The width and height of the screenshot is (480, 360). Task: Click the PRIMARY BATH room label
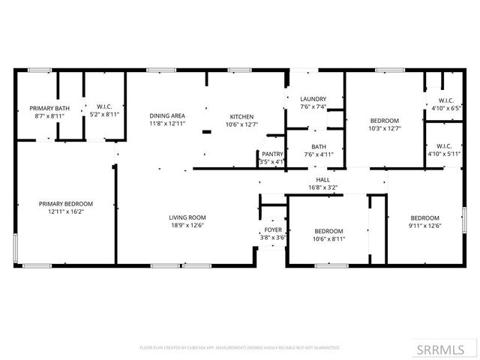49,108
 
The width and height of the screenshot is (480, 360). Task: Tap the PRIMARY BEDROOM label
66,203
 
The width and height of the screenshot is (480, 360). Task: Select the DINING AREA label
166,115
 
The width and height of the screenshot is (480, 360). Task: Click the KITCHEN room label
241,116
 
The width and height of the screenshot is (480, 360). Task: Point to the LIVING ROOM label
187,217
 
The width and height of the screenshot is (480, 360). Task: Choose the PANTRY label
271,154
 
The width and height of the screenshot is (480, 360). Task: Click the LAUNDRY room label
313,99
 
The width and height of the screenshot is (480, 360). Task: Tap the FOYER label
272,230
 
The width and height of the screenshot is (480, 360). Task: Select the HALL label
323,180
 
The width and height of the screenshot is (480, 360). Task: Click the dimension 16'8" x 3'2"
323,187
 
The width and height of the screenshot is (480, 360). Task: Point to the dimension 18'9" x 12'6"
187,225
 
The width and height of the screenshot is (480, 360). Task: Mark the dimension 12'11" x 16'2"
66,211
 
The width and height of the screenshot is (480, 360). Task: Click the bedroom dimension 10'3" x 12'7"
384,128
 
